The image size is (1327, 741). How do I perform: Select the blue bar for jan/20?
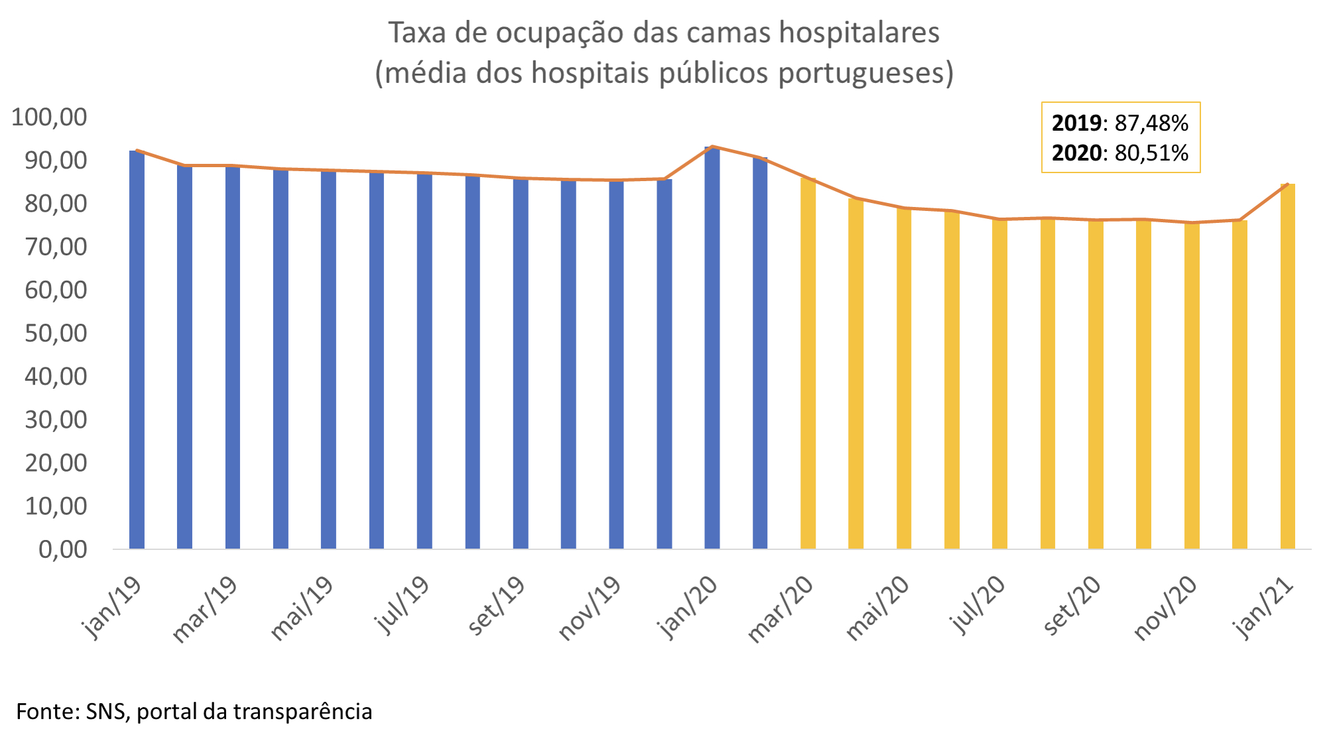tap(712, 348)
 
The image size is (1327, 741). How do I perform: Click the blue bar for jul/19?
tap(424, 361)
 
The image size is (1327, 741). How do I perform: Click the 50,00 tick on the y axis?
tap(56, 333)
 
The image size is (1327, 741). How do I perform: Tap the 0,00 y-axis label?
tap(63, 549)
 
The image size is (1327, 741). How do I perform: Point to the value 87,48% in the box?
tap(1151, 123)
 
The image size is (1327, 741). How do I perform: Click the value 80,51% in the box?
tap(1151, 153)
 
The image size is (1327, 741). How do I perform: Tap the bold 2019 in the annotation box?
tap(1076, 123)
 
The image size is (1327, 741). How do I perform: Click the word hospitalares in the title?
tap(859, 33)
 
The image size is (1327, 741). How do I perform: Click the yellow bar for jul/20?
tap(1000, 384)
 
